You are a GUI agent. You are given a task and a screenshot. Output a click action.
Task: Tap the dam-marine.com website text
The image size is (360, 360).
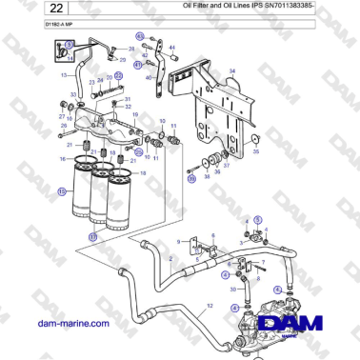point(73,324)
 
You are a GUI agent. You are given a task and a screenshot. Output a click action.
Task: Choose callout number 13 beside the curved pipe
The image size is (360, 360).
point(65,73)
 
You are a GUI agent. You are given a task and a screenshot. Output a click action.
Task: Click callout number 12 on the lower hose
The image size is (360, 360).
point(210,304)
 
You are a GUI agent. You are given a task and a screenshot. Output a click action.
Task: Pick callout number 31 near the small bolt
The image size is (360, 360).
point(127,98)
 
